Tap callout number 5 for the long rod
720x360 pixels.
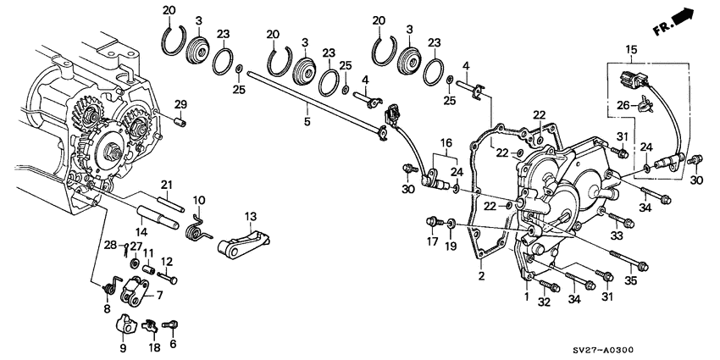coord(307,121)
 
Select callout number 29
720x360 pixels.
coord(180,104)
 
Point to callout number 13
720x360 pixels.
coord(251,216)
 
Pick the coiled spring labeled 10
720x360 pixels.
coord(198,228)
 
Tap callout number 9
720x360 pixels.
coord(123,348)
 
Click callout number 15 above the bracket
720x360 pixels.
coord(631,48)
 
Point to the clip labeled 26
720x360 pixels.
coord(645,104)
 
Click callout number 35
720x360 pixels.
coord(631,281)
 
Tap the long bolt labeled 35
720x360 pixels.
coord(629,259)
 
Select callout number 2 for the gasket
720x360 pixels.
coord(481,276)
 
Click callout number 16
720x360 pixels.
coord(446,142)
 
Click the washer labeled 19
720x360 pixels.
coord(451,224)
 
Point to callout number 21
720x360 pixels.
coord(166,185)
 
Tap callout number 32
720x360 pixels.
coord(544,302)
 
